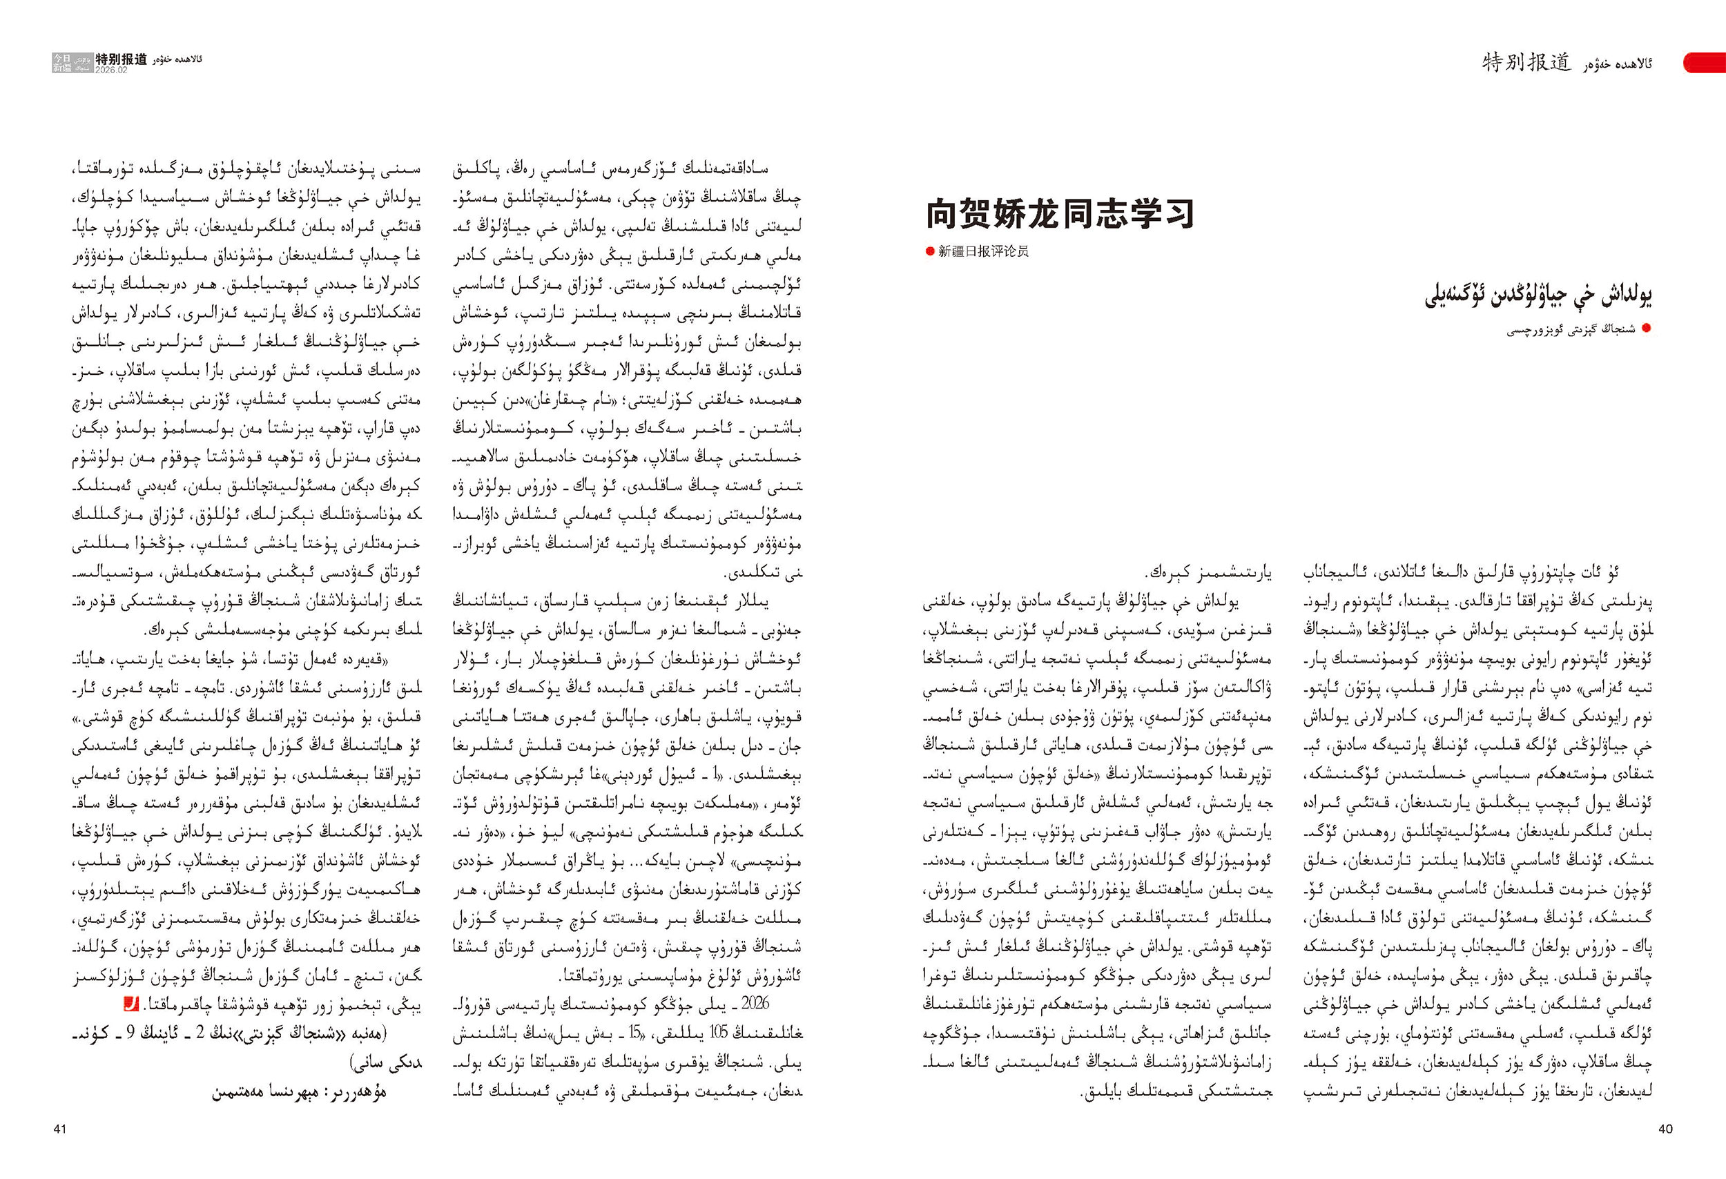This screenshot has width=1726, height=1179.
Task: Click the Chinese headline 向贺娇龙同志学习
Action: pyautogui.click(x=1059, y=214)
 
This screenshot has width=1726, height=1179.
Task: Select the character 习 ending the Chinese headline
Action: pyautogui.click(x=1177, y=214)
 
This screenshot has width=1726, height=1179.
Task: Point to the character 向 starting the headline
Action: pyautogui.click(x=943, y=214)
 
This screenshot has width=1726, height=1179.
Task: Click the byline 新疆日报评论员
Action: pyautogui.click(x=983, y=252)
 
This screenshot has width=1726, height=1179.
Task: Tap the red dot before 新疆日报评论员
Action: pyautogui.click(x=929, y=252)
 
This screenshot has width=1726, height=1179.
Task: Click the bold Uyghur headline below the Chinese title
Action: pyautogui.click(x=1538, y=296)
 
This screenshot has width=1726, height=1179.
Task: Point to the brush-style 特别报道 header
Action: pyautogui.click(x=1526, y=62)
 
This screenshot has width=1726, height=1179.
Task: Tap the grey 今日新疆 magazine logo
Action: pyautogui.click(x=62, y=63)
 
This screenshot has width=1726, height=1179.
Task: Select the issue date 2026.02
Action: pyautogui.click(x=111, y=70)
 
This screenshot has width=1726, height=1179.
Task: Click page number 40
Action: pyautogui.click(x=1665, y=1129)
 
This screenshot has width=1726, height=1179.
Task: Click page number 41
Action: pyautogui.click(x=60, y=1129)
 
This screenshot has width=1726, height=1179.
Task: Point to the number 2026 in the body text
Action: pyautogui.click(x=755, y=1004)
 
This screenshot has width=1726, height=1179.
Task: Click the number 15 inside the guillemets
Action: pyautogui.click(x=635, y=1033)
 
